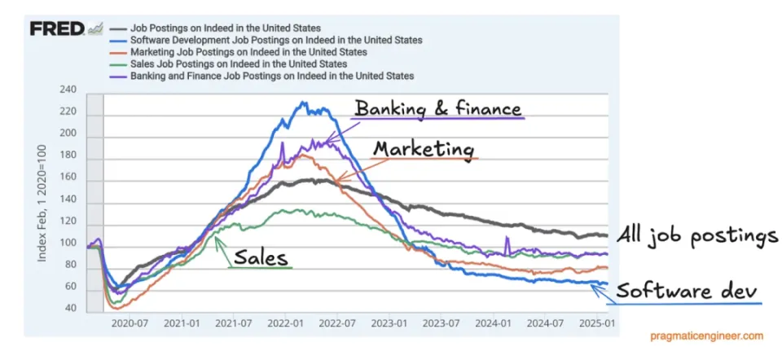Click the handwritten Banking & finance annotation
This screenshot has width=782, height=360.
437,108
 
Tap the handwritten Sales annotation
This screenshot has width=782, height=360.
260,257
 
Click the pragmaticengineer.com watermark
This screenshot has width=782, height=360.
706,336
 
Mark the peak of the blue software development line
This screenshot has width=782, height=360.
303,103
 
